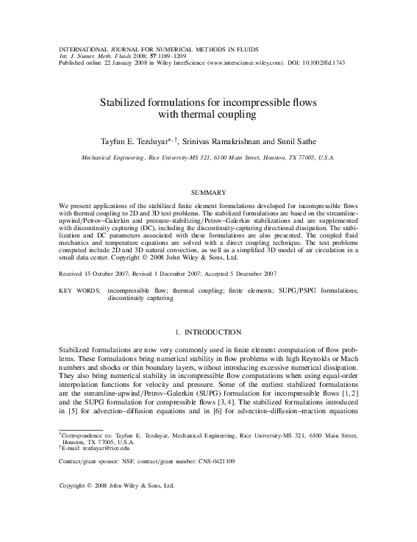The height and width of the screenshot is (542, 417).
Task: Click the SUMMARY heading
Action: (208, 192)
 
